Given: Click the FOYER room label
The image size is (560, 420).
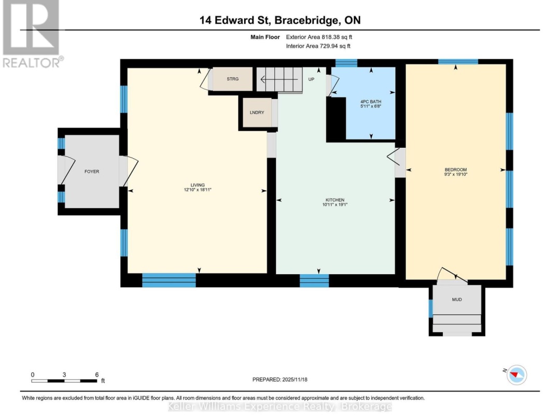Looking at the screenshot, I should coord(92,172).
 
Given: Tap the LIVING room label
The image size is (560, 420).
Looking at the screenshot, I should coord(197,185).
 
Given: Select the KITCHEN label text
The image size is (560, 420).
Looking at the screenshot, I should coord(335,200).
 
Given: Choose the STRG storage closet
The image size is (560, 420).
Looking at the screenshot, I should coord(232,79).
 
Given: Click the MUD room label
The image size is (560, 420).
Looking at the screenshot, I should coord(456,300).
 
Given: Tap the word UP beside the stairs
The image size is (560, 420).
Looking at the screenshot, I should coord(312,79).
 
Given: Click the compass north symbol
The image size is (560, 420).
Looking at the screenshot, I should coord(515,374).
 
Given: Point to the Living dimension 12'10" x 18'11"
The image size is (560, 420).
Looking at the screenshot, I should coord(197,190).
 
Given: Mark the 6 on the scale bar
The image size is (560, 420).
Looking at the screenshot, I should coord(96,374).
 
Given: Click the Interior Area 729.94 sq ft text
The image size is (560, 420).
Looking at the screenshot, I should coord(318,46).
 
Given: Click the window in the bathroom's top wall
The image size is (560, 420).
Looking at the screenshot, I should coord(345,63).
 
